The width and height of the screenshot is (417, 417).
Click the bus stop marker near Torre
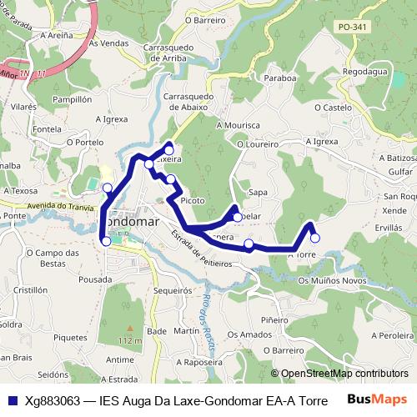(x=314, y=238)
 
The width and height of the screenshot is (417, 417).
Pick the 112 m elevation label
(x=129, y=340)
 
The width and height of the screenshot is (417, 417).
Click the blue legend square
(x=11, y=399)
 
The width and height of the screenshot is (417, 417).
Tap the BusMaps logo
(x=378, y=399)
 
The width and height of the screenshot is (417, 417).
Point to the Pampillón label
(x=72, y=98)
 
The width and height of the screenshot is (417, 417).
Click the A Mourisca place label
(x=238, y=125)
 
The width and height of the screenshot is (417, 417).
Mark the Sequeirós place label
(x=173, y=291)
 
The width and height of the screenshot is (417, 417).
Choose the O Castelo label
(x=333, y=108)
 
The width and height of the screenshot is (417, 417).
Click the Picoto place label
(x=192, y=201)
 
